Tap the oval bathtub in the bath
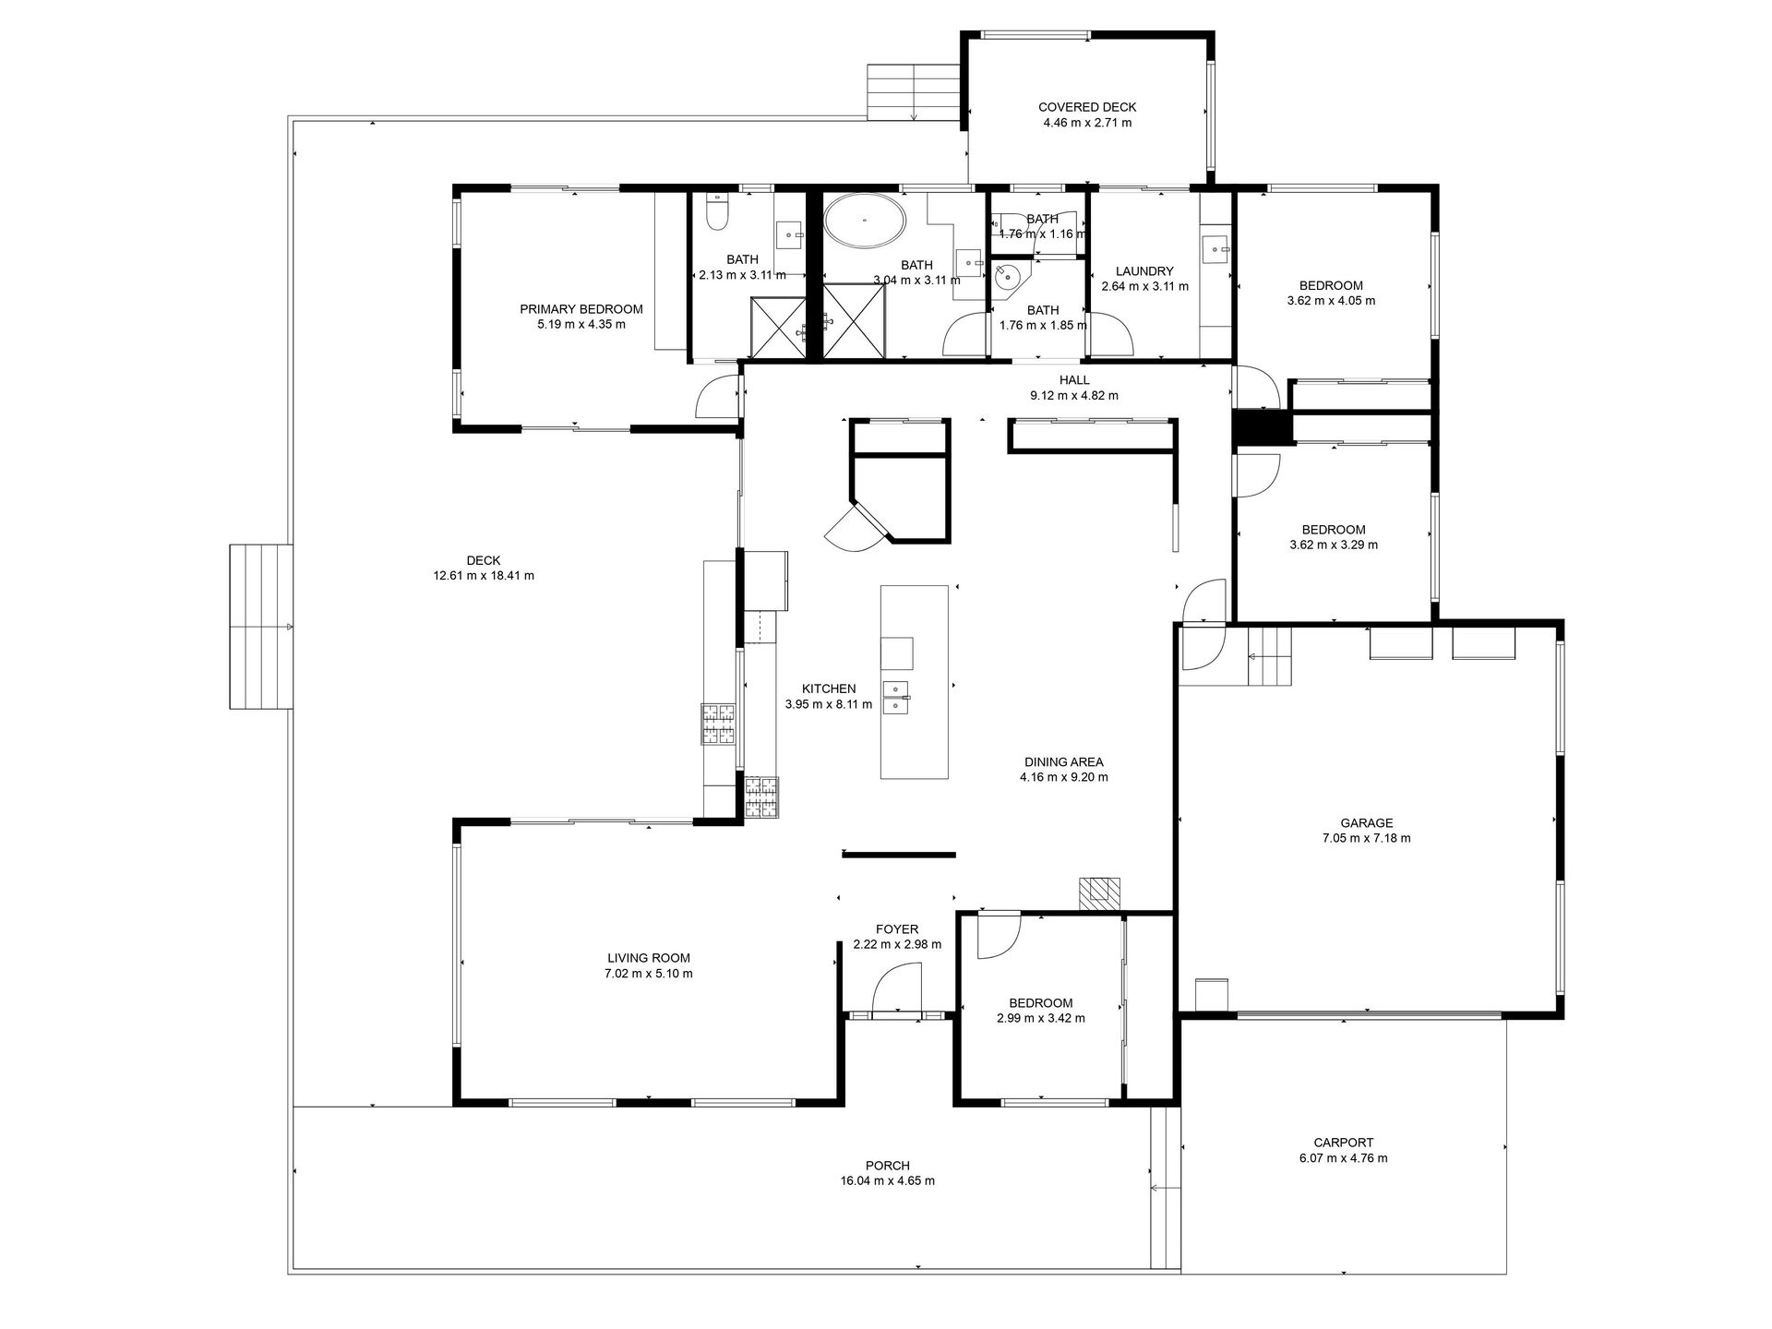coord(864,221)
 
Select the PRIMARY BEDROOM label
coord(581,309)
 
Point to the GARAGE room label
coord(1366,823)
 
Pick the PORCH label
coord(888,1166)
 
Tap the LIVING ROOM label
coord(648,958)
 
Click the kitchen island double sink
coord(895,697)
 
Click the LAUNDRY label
coord(1144,271)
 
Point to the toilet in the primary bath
coord(716,212)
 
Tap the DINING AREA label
coord(1063,762)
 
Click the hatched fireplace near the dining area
coord(1099,893)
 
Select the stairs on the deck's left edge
coord(261,627)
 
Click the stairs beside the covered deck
coord(913,92)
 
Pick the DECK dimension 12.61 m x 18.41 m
coord(484,576)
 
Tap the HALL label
coord(1074,380)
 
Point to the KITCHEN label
coord(828,688)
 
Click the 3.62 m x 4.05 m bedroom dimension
coord(1331,301)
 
